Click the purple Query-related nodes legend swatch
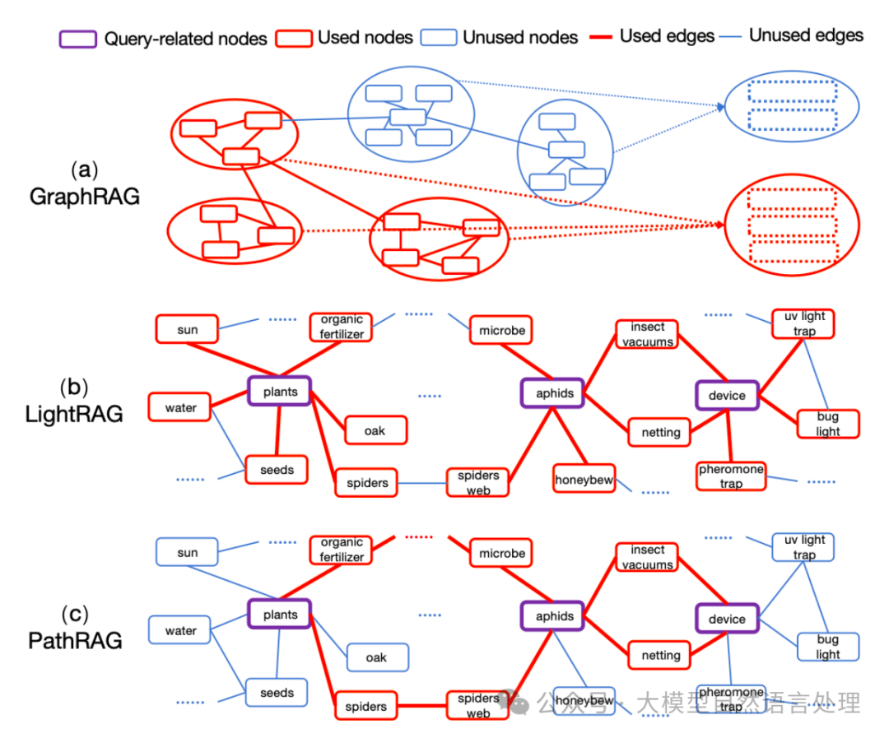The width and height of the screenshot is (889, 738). point(77,39)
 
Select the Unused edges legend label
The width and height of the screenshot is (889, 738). point(806,35)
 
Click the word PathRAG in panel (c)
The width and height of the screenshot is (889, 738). point(76,641)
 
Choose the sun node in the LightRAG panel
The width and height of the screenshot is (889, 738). point(187,330)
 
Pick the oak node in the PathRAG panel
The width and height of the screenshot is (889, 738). point(376,657)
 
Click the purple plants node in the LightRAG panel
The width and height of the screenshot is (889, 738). point(280,392)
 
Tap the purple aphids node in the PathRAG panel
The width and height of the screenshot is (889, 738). point(554,616)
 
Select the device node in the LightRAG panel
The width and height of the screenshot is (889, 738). point(727,396)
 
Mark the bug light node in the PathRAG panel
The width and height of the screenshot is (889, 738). point(828,647)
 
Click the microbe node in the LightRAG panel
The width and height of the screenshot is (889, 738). point(502,331)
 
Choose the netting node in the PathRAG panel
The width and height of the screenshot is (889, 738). point(661,655)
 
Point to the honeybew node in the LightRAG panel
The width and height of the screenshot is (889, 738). point(584,480)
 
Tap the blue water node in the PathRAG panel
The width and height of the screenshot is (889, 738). point(180,631)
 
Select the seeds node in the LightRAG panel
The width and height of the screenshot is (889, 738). point(277,470)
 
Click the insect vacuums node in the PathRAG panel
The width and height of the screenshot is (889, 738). point(647,557)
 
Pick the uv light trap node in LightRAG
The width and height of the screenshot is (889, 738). point(804,323)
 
